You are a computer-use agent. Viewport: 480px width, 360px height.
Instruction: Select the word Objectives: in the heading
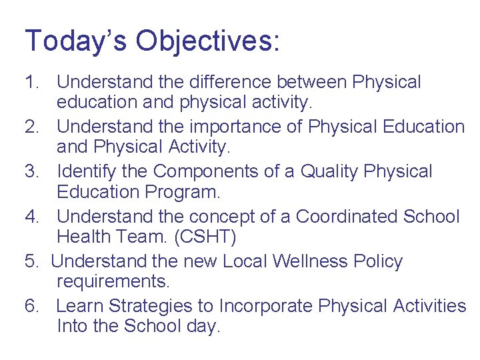tap(208, 41)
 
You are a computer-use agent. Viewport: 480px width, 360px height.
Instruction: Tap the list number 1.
tap(31, 83)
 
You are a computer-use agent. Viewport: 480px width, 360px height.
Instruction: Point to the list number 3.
tap(31, 172)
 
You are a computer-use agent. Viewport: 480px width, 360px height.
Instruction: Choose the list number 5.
tap(31, 261)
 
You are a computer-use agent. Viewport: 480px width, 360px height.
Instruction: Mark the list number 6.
tap(31, 306)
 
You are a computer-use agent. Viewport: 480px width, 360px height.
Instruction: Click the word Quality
tap(330, 172)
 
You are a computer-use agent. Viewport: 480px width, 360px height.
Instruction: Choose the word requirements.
tap(113, 282)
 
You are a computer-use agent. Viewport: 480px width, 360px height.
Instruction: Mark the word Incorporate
tap(266, 306)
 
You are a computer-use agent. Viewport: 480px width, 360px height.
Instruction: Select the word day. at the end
tap(203, 327)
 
